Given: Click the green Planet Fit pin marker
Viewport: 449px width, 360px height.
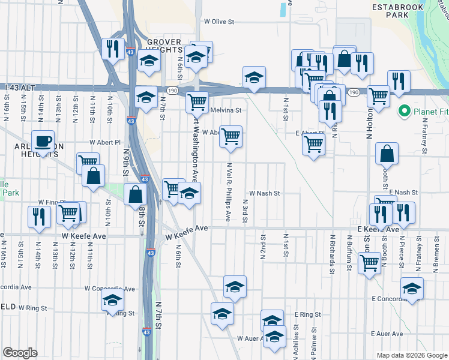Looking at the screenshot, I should [x=404, y=111].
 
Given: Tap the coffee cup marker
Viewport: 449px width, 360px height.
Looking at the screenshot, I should [x=43, y=142].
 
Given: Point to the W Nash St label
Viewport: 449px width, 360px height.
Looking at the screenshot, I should [x=269, y=193].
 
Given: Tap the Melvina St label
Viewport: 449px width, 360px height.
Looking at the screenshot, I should [x=226, y=110].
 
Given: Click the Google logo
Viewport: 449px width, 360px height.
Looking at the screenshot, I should [x=20, y=353].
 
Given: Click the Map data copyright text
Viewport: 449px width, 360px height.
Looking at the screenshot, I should [x=411, y=355].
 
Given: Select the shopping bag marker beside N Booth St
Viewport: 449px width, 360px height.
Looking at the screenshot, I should [x=388, y=154].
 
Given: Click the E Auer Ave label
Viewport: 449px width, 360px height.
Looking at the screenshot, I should [x=385, y=334].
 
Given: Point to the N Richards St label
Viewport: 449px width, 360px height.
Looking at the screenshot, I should [x=332, y=256].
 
